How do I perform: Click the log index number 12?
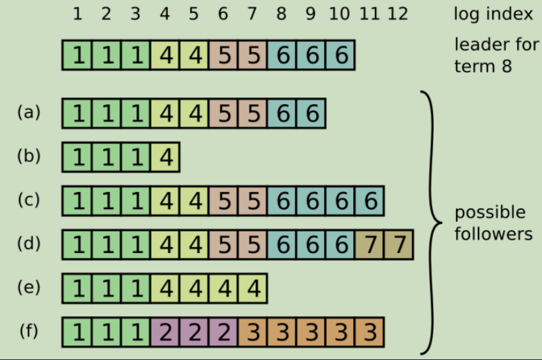398,14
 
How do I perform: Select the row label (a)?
28,112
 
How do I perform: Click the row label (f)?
28,332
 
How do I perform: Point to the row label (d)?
28,243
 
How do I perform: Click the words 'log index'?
493,14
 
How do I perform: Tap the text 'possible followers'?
493,223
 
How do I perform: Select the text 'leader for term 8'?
497,55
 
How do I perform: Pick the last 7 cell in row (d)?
398,244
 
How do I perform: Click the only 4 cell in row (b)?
164,157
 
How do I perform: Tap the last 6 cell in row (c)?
369,201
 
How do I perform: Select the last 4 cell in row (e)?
252,288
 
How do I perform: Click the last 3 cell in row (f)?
369,332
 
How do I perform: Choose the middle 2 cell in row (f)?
194,332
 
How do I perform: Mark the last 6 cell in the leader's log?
340,55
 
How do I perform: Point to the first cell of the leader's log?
76,55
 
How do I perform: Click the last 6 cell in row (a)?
311,113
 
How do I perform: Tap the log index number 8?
281,14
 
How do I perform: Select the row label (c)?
28,200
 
